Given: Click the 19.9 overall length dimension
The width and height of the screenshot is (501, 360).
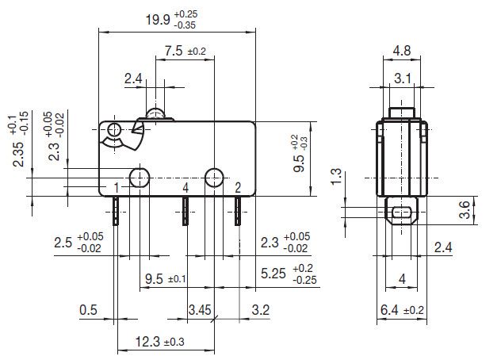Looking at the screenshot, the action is click(171, 20).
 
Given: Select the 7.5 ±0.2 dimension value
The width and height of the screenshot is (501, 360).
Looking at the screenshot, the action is click(185, 51).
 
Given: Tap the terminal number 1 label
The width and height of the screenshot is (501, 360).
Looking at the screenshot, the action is click(117, 188).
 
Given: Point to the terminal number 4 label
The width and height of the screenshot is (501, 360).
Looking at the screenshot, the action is click(185, 188).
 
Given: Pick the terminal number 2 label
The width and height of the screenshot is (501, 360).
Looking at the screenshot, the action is click(237, 188).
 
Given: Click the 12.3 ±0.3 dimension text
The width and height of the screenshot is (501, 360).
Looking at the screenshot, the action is click(160, 342).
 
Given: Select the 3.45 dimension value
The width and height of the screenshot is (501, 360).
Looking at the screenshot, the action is click(200, 310).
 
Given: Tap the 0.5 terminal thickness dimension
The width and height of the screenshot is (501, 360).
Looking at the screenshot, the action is click(88, 310).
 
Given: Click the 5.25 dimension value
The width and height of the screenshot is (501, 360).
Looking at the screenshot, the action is click(289, 274).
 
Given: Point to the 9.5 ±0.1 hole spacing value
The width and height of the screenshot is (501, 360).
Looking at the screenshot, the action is click(165, 279).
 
